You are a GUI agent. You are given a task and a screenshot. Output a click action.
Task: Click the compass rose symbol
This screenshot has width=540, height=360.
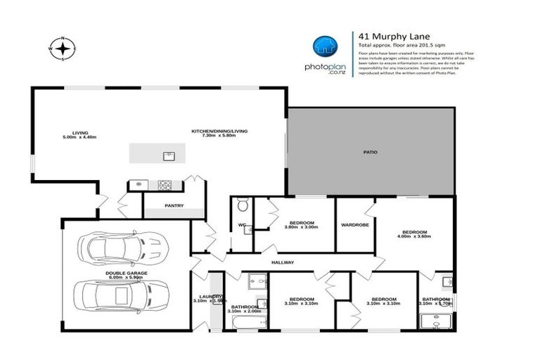pos(63,49)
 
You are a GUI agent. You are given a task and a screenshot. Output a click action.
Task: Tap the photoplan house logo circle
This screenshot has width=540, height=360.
pos(323,46)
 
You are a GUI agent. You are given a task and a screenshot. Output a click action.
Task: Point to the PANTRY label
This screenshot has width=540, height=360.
pos(174,206)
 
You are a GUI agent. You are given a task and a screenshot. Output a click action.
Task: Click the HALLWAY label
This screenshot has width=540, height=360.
pos(282,262)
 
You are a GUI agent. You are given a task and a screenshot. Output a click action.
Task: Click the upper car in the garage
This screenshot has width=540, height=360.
pos(124,246)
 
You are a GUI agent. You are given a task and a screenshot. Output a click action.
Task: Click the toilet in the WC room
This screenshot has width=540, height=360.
pos(242,206)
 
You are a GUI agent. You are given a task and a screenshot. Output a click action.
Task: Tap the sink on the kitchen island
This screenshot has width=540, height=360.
pos(169,155)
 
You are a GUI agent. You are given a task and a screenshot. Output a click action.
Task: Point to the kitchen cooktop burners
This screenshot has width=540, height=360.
pos(165,186)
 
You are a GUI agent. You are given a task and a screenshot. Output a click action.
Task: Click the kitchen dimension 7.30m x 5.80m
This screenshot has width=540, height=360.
pos(219,135)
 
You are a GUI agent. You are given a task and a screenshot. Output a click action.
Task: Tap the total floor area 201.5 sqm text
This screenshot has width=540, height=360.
pos(399,45)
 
